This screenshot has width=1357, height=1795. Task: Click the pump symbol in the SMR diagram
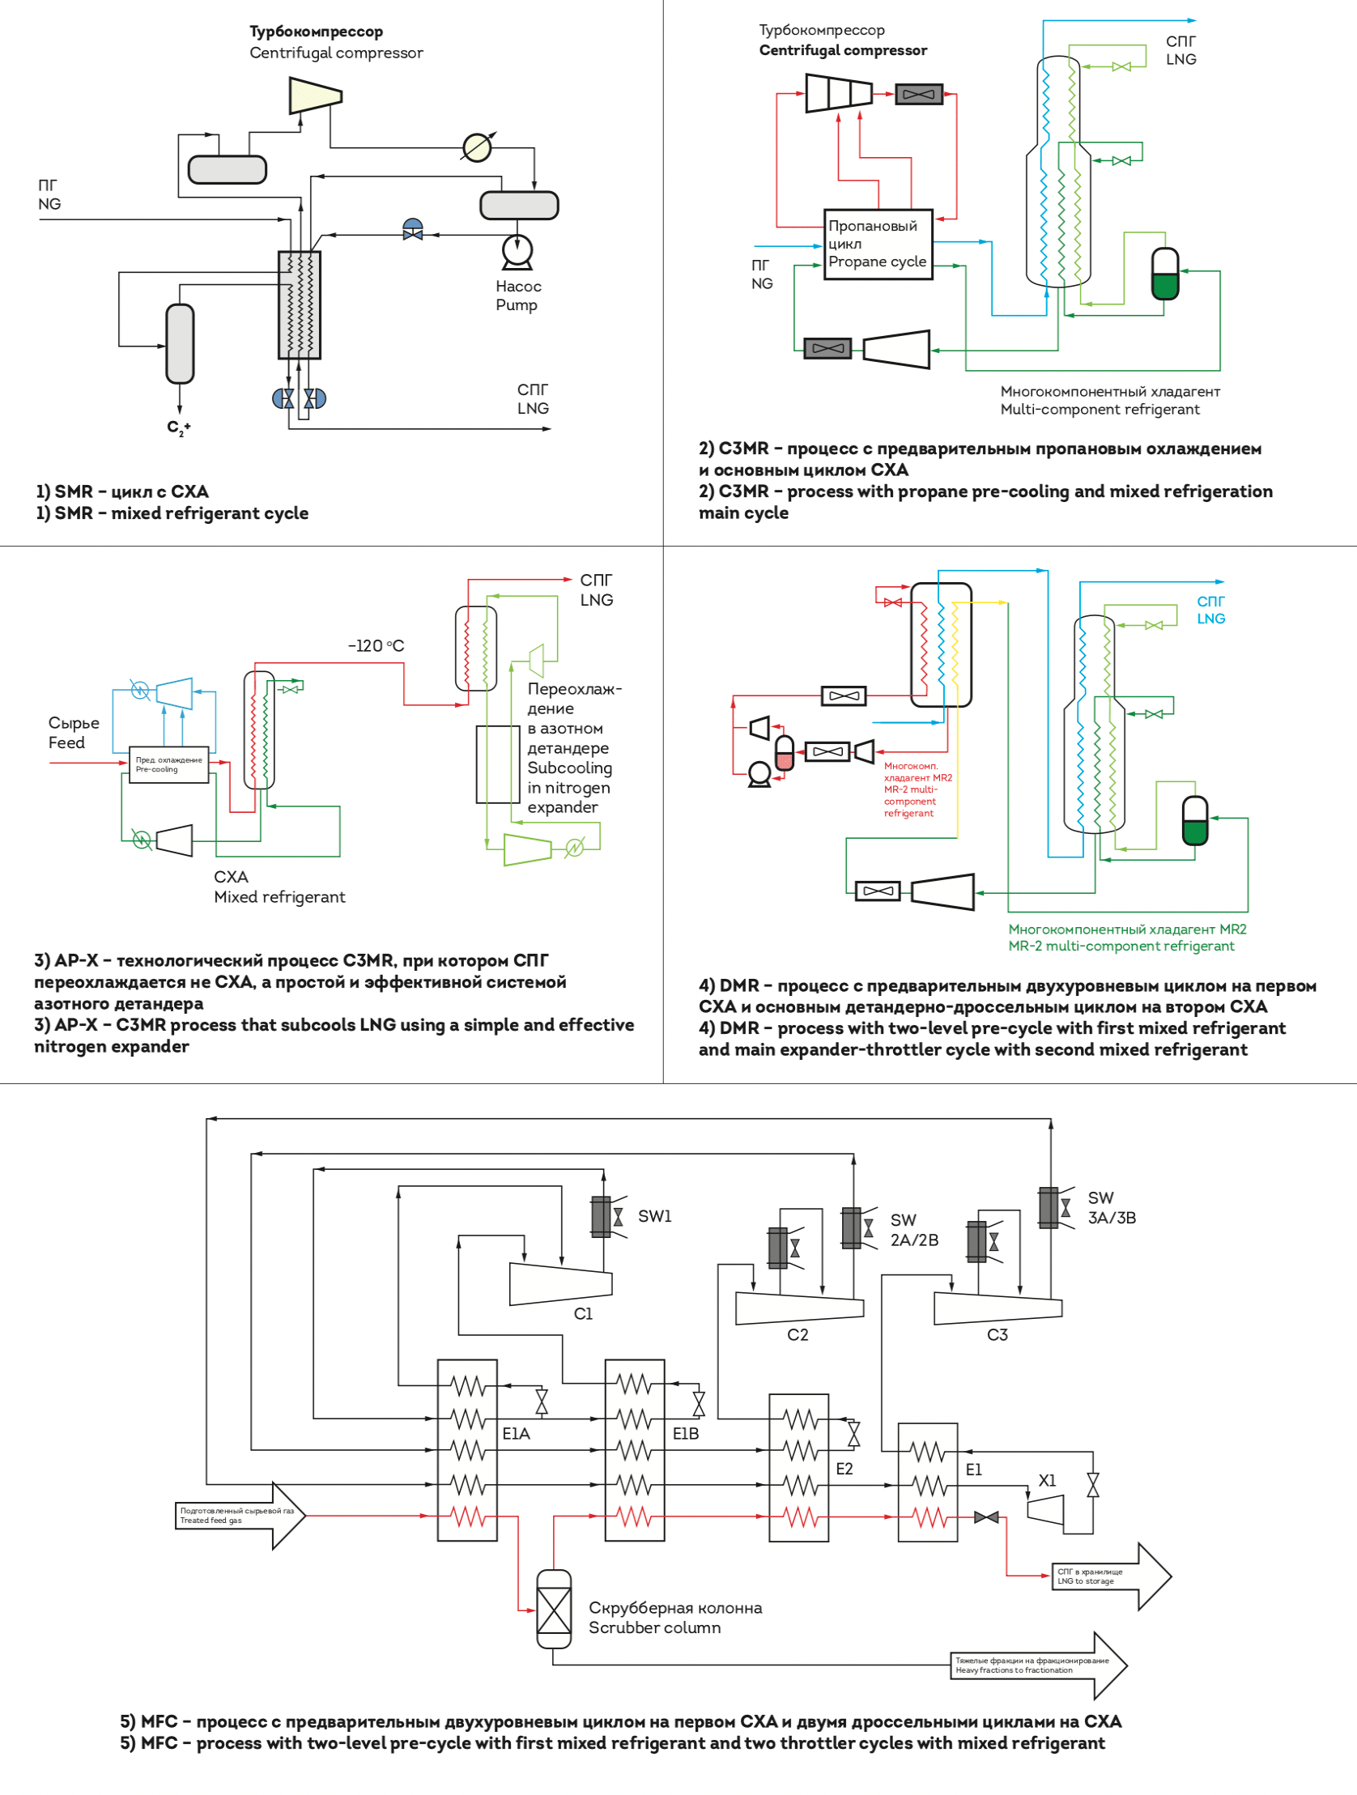[517, 252]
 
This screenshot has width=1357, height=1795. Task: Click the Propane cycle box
[878, 245]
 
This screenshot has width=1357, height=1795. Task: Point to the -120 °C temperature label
[376, 646]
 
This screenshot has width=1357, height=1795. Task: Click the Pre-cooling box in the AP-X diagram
[168, 764]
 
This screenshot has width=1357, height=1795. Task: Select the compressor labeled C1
[561, 1283]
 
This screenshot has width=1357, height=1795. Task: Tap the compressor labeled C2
[799, 1308]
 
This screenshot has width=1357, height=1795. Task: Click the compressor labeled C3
[998, 1308]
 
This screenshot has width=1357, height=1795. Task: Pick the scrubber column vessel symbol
[554, 1609]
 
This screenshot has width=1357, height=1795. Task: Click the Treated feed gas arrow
[240, 1515]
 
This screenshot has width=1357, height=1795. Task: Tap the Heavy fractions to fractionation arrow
[1039, 1665]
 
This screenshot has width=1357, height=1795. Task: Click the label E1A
[517, 1433]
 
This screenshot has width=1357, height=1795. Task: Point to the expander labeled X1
[1045, 1510]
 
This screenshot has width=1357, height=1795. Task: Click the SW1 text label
[655, 1215]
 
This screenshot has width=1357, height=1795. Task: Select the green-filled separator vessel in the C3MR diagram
[1165, 274]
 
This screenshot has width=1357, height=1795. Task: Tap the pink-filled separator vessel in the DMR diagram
[785, 752]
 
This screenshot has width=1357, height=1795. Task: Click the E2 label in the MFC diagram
[844, 1469]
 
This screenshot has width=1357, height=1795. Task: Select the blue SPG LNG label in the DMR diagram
[1211, 610]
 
